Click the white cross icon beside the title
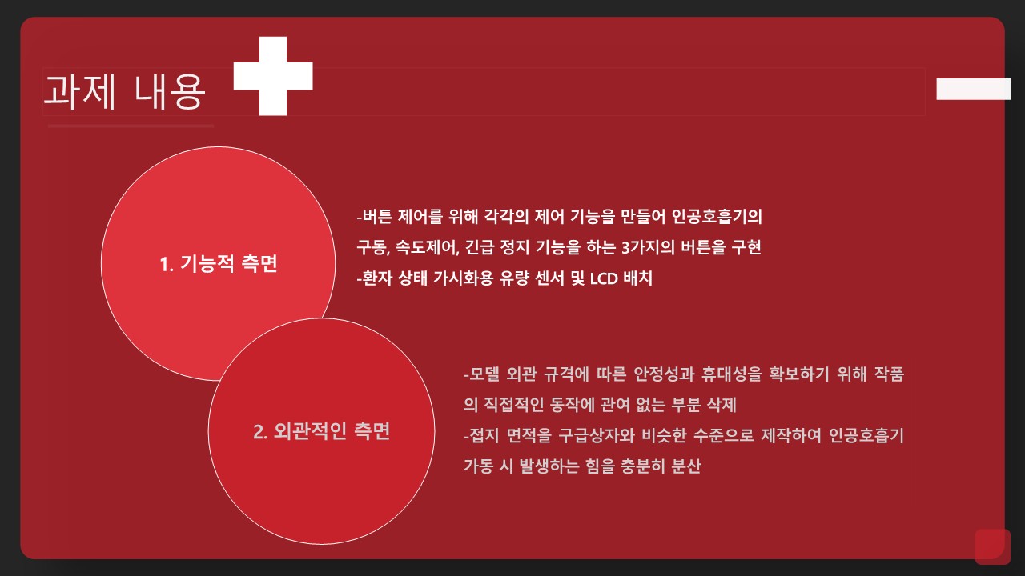(273, 76)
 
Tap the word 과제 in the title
(79, 91)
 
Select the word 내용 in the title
(169, 91)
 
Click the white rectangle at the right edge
(973, 89)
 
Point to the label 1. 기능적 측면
(219, 264)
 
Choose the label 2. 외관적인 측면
(321, 431)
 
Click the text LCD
(604, 278)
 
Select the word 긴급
(480, 247)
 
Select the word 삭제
(722, 405)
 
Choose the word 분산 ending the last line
(686, 466)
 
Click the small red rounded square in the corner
(992, 546)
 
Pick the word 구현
(746, 247)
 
